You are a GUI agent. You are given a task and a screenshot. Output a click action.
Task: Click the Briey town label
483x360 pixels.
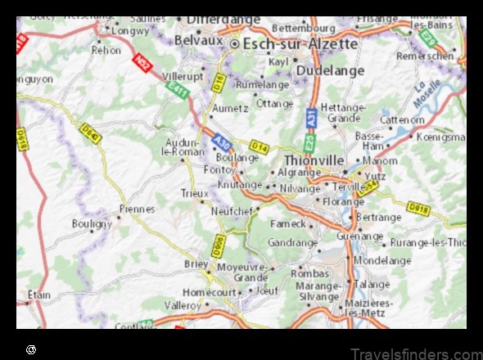click(196, 263)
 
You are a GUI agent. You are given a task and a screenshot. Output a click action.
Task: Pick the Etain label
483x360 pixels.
click(38, 295)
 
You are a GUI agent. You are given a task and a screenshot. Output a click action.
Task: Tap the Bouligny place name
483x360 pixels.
click(92, 223)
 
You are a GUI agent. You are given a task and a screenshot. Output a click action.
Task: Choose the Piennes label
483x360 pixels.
click(136, 209)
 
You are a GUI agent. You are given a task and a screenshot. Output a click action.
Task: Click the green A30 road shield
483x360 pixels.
click(222, 143)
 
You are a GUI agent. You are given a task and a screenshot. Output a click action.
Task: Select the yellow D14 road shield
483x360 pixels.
click(259, 146)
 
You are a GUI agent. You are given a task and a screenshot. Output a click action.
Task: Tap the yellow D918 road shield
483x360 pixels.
click(419, 209)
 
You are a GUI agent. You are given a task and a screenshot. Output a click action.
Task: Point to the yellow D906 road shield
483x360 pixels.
click(218, 245)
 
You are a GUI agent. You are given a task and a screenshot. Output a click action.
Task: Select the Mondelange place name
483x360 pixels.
click(382, 260)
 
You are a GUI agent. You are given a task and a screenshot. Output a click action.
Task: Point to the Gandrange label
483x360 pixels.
click(292, 243)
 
